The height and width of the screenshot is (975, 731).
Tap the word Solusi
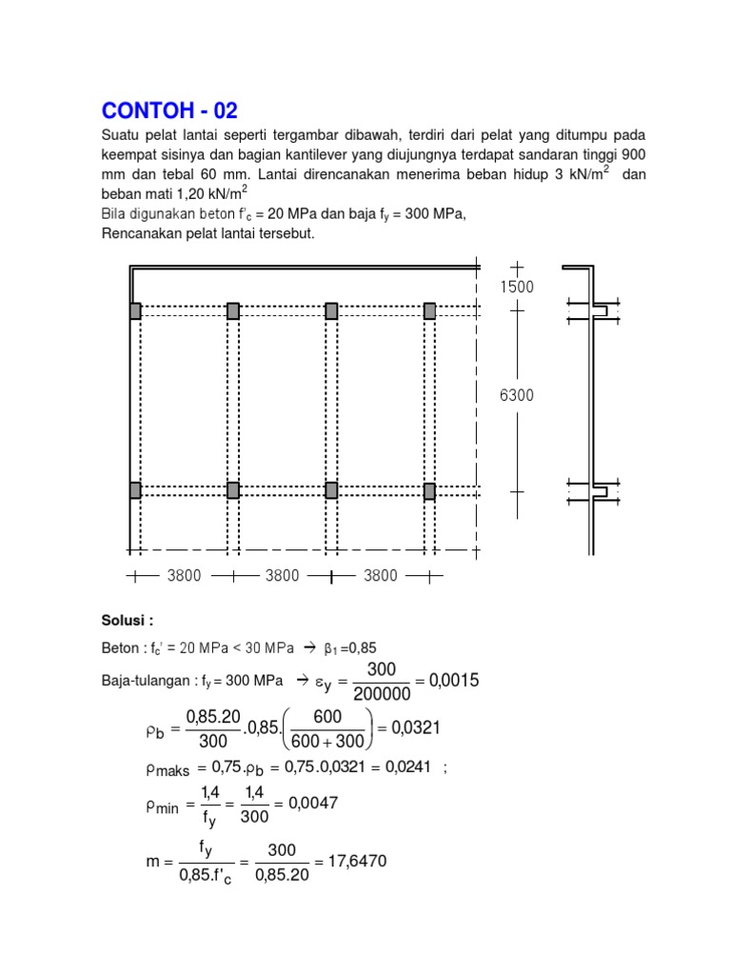(x=127, y=621)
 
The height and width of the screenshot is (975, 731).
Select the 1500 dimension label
(x=517, y=287)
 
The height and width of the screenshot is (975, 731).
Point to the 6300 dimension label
(x=517, y=396)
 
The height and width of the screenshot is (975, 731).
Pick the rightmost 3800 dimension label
(x=381, y=575)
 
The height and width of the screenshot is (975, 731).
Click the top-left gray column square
(x=135, y=310)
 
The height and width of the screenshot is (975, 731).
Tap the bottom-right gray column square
(x=429, y=490)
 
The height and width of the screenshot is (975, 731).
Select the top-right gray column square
(x=429, y=310)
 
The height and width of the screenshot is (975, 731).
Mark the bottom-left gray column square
(x=135, y=490)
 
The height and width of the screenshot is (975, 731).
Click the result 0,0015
(x=454, y=681)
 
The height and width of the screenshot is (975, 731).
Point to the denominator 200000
(x=381, y=695)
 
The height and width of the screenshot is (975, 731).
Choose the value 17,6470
(x=356, y=862)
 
